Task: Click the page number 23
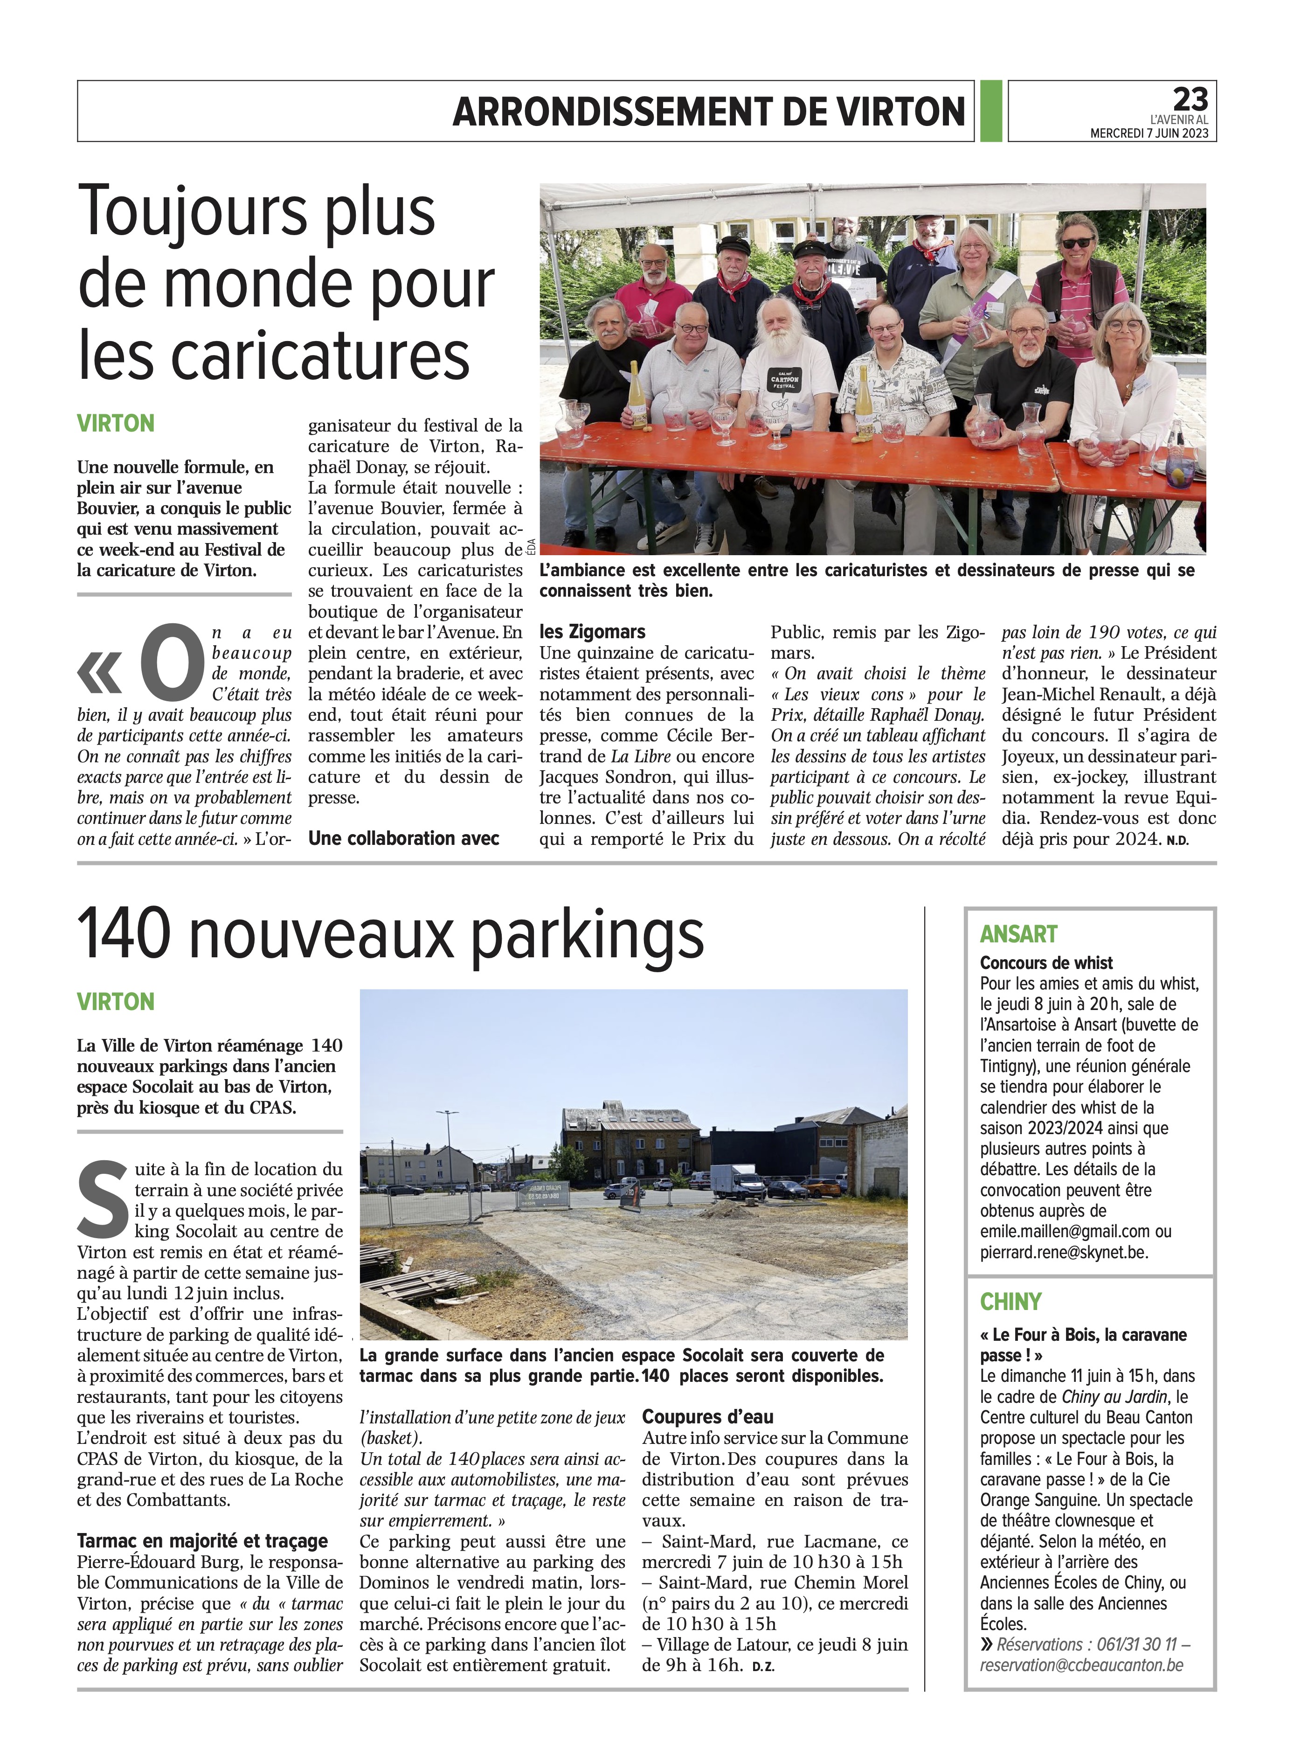[x=1190, y=99]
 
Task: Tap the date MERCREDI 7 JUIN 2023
[x=1149, y=134]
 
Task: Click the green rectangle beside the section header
[x=991, y=111]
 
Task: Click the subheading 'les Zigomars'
[x=592, y=632]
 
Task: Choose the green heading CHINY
[x=1010, y=1302]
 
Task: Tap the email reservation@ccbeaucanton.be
[x=1081, y=1665]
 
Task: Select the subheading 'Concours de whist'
[x=1046, y=963]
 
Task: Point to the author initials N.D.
[x=1177, y=841]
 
